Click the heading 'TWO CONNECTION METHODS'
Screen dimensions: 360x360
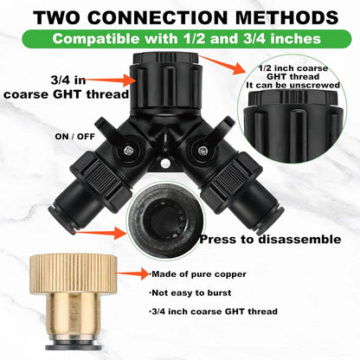(180, 16)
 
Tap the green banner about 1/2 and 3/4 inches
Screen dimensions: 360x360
(180, 39)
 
